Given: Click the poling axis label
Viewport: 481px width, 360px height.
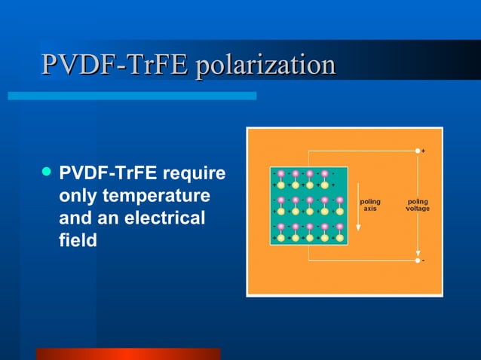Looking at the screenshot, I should click(x=370, y=205).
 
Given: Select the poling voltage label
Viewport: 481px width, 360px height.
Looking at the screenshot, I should click(x=418, y=205).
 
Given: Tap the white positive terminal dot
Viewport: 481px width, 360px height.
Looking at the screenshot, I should click(x=418, y=151).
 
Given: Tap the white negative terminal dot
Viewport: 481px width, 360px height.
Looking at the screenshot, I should click(x=418, y=260).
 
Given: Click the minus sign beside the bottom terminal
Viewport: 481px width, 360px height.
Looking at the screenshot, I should click(x=424, y=261).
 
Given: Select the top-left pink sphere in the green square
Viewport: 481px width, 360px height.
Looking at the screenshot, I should click(x=281, y=174).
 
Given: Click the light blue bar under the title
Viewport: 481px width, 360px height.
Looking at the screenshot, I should click(x=132, y=96).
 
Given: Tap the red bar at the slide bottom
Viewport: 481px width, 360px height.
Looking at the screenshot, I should click(x=127, y=354).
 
